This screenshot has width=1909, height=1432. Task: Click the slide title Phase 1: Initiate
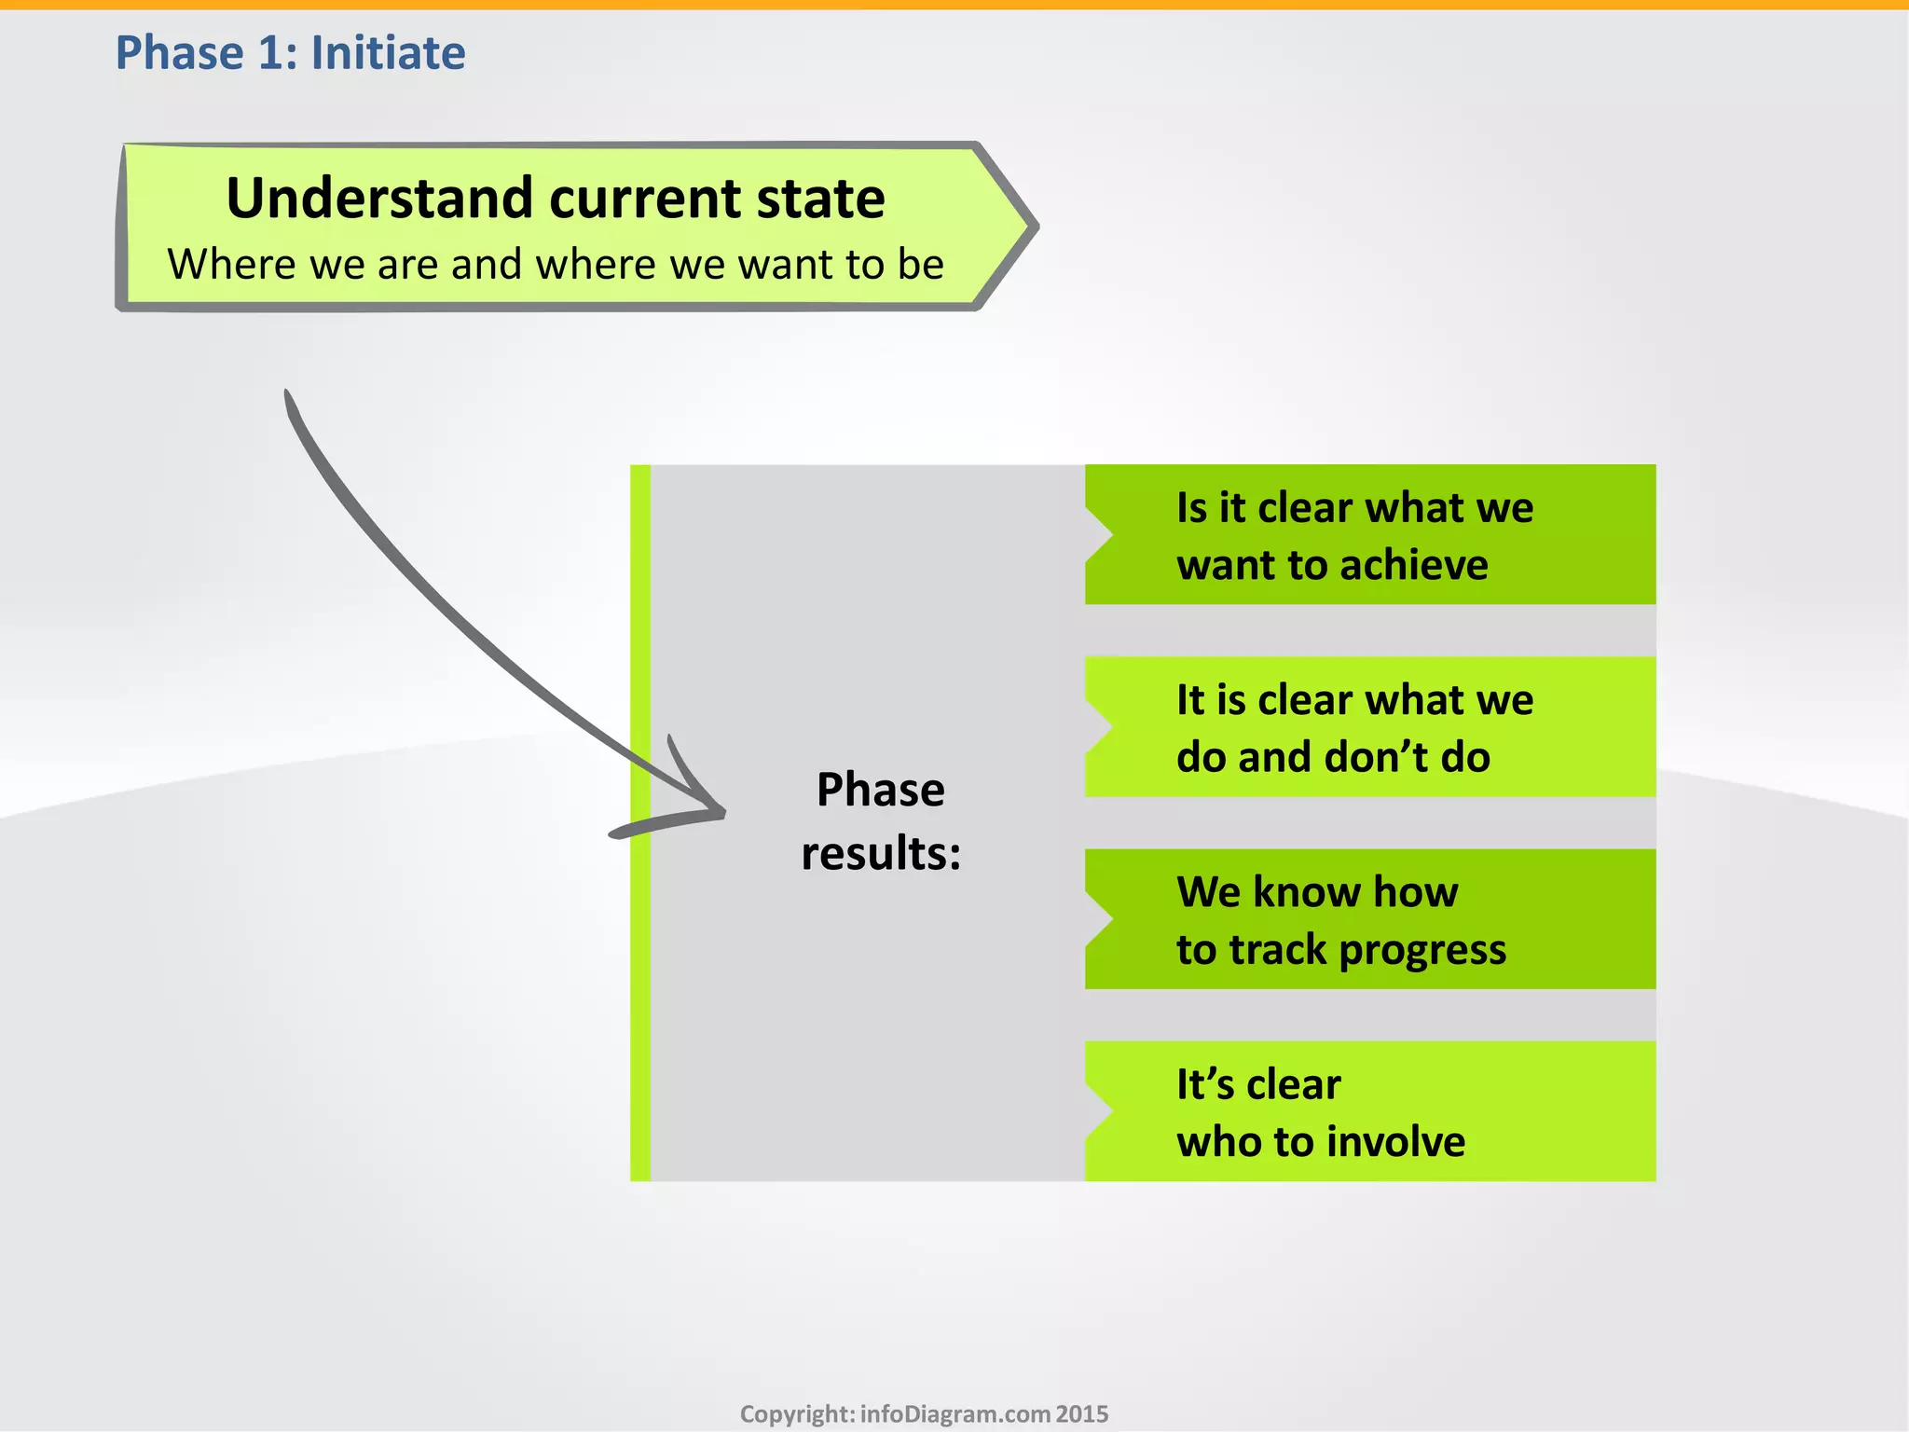pyautogui.click(x=290, y=52)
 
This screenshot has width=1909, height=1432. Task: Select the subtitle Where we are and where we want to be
pyautogui.click(x=556, y=265)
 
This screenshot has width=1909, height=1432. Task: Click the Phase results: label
pyautogui.click(x=881, y=821)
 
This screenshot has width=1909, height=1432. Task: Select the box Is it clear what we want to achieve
pyautogui.click(x=1370, y=535)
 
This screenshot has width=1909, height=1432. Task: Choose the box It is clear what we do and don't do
pyautogui.click(x=1370, y=727)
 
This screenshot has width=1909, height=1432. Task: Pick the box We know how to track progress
pyautogui.click(x=1370, y=919)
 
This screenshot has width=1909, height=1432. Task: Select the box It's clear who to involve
pyautogui.click(x=1370, y=1111)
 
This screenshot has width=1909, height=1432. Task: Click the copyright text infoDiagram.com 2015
pyautogui.click(x=924, y=1414)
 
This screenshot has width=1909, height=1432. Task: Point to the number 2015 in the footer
pyautogui.click(x=1082, y=1414)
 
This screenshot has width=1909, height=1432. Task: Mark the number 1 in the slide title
pyautogui.click(x=269, y=52)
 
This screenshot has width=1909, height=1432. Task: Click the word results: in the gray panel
pyautogui.click(x=881, y=853)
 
